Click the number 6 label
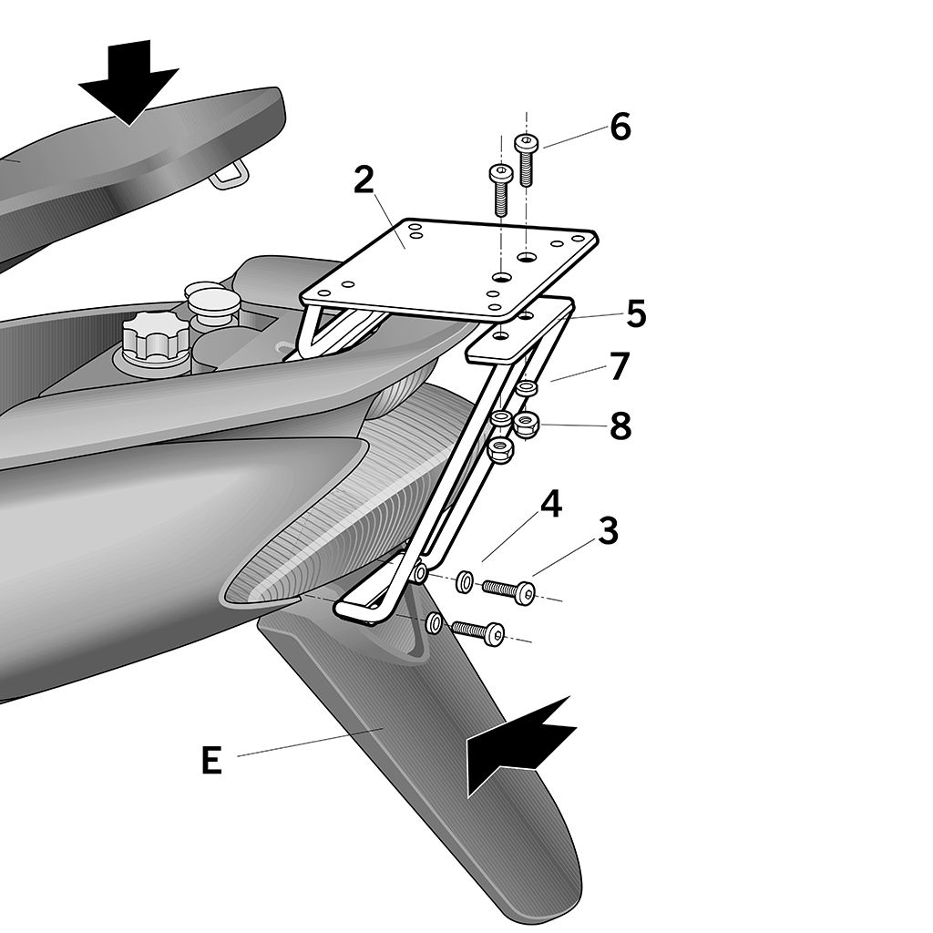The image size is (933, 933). point(620,128)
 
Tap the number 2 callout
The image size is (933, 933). point(364,180)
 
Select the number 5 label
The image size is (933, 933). point(635,314)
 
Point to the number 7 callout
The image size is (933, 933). point(620,366)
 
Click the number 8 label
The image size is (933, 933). point(620,425)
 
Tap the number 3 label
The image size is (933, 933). point(608,531)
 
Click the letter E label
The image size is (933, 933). point(211,761)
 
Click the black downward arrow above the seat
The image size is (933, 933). point(128,80)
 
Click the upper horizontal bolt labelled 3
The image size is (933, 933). point(509,590)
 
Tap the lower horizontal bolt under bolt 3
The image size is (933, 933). point(477,631)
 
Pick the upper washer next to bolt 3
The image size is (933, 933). point(464,581)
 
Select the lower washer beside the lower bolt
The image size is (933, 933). point(435,623)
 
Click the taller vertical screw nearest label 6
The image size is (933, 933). point(526,159)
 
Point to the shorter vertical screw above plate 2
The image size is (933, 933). point(499,190)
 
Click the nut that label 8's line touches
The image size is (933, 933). point(525,423)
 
